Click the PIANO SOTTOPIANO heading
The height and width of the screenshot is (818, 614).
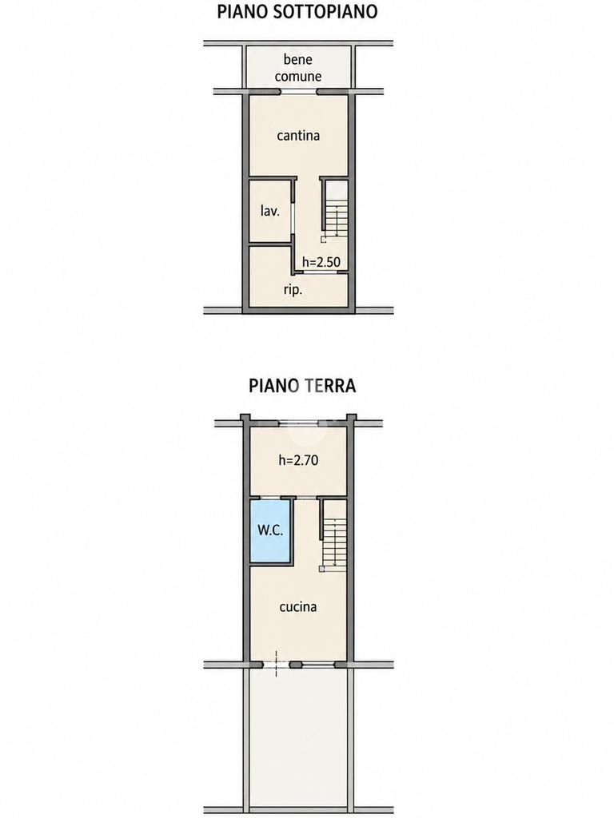tap(297, 12)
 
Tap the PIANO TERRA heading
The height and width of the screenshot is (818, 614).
tap(302, 386)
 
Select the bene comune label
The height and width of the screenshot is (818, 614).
tap(298, 68)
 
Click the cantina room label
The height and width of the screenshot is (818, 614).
tap(298, 136)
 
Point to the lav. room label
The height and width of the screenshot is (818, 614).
tap(270, 211)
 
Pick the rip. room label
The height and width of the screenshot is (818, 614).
tap(293, 290)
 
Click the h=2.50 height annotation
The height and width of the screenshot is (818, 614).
tap(321, 261)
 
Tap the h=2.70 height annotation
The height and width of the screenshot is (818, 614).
tap(299, 460)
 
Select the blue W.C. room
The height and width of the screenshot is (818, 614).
tap(270, 531)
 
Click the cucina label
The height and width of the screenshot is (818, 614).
tap(298, 607)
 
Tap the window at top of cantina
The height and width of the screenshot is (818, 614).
tap(299, 92)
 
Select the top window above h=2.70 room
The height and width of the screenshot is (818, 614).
tap(298, 423)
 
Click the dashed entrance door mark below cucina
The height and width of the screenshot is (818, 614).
tap(276, 664)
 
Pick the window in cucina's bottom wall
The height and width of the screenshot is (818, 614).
tap(318, 665)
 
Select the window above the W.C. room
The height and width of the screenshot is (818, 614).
tap(271, 497)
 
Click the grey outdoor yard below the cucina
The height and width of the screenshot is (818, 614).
tap(298, 740)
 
